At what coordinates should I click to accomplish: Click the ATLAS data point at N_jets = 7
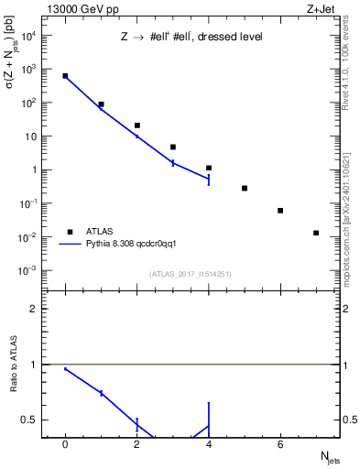(316, 233)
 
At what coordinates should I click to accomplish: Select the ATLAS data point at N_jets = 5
(245, 188)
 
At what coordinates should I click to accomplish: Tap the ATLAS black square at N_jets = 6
(280, 211)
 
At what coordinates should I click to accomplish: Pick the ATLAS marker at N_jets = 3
(173, 147)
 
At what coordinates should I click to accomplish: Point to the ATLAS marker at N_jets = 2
(137, 125)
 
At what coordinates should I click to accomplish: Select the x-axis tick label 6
(280, 444)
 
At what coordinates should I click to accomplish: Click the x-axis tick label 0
(65, 444)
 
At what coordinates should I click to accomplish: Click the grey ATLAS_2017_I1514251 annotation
(190, 273)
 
